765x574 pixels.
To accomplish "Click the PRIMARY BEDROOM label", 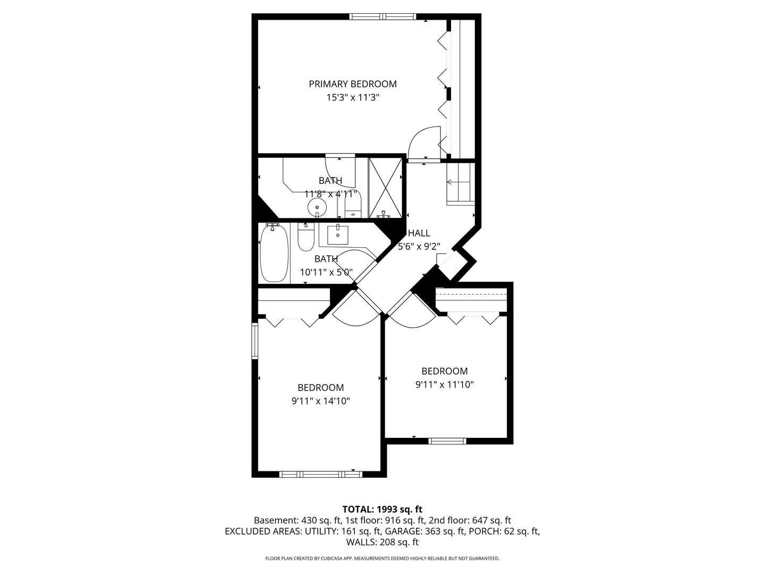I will point(353,84).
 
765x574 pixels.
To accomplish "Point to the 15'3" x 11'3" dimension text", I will point(353,98).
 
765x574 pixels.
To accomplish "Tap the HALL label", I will point(419,233).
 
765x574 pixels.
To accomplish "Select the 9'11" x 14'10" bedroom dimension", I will point(320,401).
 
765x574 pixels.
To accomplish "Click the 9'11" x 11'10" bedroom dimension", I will point(444,384).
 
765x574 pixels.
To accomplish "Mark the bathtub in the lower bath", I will point(274,253).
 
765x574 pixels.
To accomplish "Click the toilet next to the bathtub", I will point(306,238).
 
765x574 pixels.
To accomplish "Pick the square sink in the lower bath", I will point(337,234).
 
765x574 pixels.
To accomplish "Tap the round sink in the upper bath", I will point(317,207).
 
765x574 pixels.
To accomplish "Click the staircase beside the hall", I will point(460,183).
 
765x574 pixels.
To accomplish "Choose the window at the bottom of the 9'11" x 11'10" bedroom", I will point(447,441).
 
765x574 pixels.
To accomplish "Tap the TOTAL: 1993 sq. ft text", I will point(382,509).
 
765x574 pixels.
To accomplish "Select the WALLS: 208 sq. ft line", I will point(382,542).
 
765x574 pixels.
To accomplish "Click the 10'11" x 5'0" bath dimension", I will point(326,272).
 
